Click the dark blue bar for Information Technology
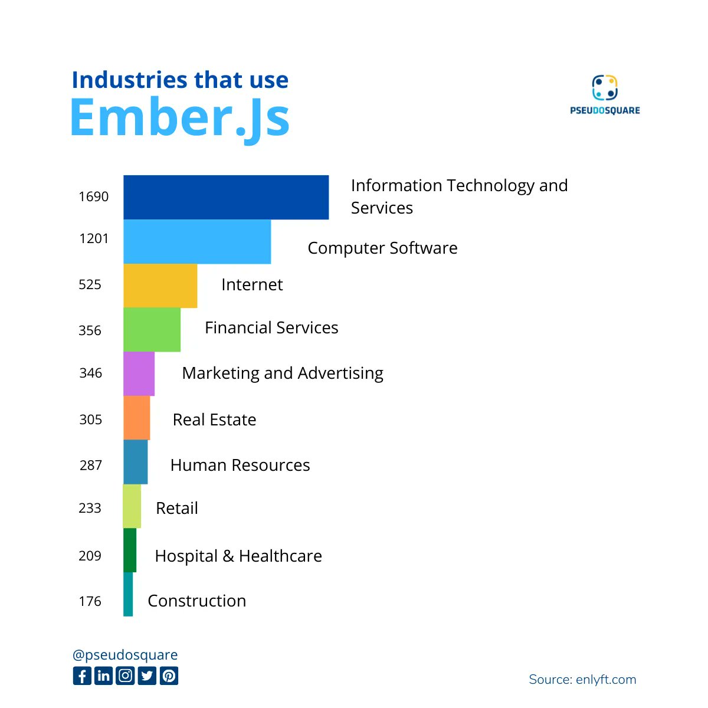click(226, 197)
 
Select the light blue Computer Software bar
click(197, 241)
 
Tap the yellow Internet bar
click(160, 286)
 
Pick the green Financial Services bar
click(152, 330)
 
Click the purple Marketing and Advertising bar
click(139, 373)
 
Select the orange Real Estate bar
click(136, 418)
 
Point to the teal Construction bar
click(128, 594)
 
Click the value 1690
click(94, 196)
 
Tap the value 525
click(90, 284)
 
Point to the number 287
click(91, 466)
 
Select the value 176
click(90, 601)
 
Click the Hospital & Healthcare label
click(238, 556)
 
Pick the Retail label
click(177, 508)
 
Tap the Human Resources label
click(240, 465)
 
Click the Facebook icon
click(82, 676)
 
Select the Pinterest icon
click(169, 676)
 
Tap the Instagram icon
click(126, 676)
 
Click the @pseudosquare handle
click(125, 655)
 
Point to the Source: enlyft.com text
click(582, 680)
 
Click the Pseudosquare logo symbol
click(605, 87)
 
